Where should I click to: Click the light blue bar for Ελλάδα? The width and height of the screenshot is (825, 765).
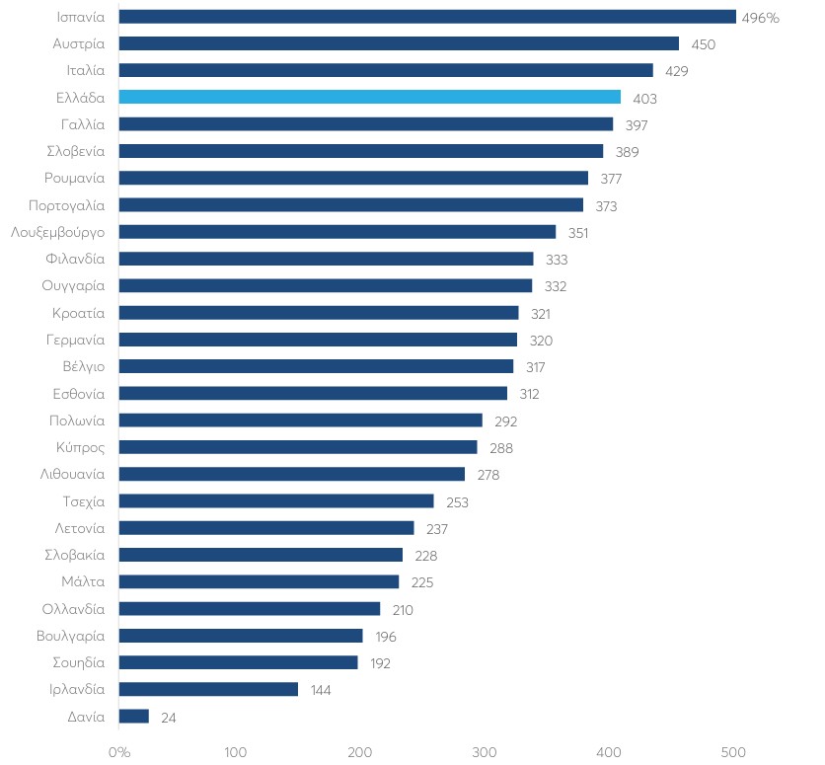(369, 97)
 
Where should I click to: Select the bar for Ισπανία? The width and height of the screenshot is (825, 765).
(427, 17)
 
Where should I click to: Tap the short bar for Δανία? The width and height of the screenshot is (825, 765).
(133, 716)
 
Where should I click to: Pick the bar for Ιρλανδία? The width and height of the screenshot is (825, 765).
(208, 689)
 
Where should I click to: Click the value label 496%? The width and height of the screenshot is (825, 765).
(760, 18)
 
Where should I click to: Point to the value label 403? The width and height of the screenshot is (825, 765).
(644, 99)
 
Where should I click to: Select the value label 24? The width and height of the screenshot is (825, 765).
(169, 718)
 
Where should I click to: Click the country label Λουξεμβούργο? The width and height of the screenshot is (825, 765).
(58, 233)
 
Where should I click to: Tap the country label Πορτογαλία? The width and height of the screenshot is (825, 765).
(67, 205)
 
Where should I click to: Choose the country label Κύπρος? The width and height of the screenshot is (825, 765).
(81, 448)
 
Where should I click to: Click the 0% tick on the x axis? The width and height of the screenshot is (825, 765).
(119, 752)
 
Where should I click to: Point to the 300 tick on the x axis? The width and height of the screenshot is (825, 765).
(485, 752)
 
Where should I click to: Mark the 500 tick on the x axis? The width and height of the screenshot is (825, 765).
(733, 752)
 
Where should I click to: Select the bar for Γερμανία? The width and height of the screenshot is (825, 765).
(318, 340)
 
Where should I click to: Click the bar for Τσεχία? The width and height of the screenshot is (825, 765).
(276, 500)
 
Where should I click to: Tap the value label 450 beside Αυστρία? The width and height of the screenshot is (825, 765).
(704, 44)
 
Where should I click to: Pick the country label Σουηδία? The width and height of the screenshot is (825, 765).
(78, 663)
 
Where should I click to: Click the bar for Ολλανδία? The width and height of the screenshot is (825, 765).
(250, 609)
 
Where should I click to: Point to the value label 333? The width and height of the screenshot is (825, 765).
(557, 260)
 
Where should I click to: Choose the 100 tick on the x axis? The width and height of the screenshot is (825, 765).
(235, 752)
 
